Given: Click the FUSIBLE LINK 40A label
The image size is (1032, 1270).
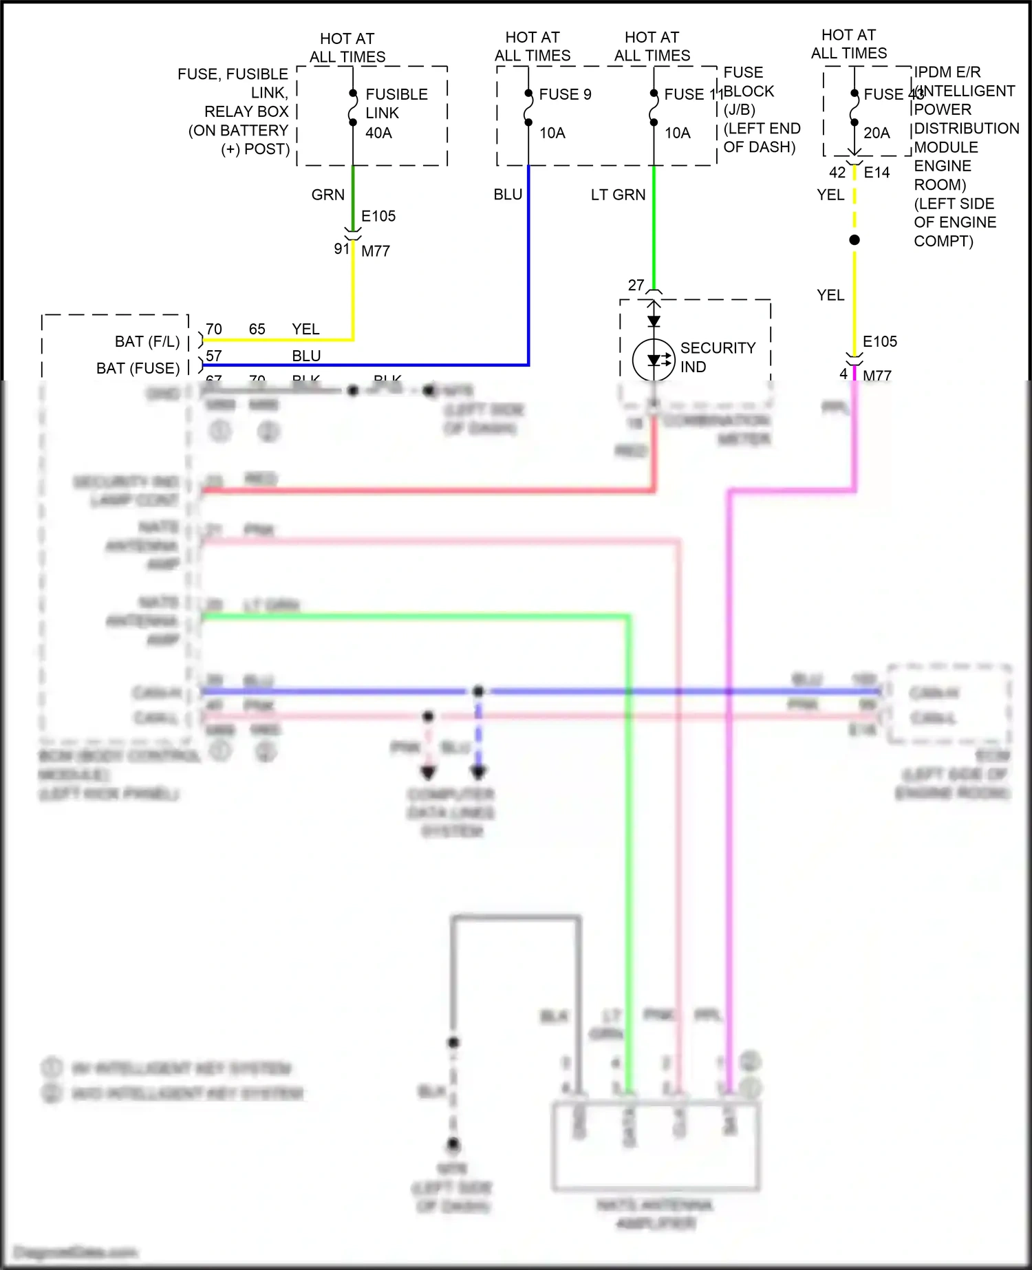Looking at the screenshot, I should (x=396, y=113).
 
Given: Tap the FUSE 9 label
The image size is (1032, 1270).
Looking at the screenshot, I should (x=565, y=94).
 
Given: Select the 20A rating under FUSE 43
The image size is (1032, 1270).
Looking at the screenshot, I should (x=877, y=133).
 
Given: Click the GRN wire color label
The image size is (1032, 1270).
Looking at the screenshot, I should (x=327, y=195).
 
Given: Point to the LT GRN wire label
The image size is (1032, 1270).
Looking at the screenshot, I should (x=618, y=195).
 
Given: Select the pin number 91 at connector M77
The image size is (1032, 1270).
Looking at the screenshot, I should (x=342, y=248).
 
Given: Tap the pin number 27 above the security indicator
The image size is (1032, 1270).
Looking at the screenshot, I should (x=636, y=285).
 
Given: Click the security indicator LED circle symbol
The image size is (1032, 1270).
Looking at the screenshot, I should (x=653, y=359).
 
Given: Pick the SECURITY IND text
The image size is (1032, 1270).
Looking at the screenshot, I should (x=718, y=357).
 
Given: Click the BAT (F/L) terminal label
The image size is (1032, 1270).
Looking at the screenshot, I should (x=147, y=342).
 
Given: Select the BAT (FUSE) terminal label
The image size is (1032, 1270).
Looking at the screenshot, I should (x=138, y=368).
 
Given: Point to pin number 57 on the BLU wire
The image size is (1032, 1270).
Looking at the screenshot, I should (x=214, y=356).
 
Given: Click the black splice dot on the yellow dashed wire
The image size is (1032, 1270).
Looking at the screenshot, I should (x=854, y=240).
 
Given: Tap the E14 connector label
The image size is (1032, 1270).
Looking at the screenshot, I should (x=877, y=173).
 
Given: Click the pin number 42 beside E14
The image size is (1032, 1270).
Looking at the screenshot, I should (x=837, y=173).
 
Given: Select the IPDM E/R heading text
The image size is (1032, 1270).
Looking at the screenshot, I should (x=947, y=72).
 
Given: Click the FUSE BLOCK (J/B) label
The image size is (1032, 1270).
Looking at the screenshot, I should (x=748, y=91).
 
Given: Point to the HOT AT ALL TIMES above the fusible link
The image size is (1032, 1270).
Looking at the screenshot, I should (x=347, y=47).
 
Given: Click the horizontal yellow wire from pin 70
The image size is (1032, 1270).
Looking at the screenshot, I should (x=275, y=339).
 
